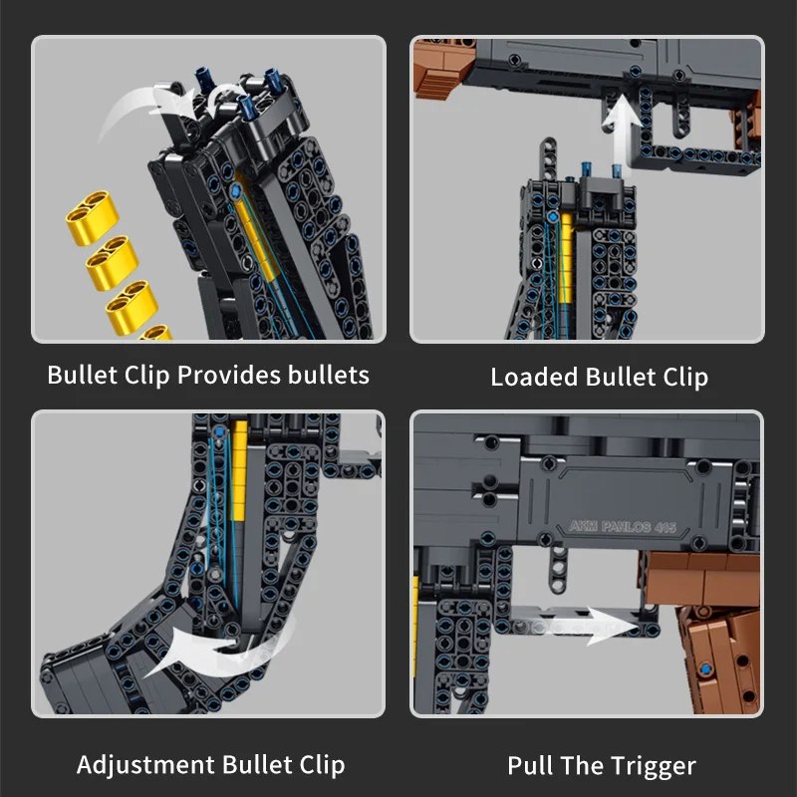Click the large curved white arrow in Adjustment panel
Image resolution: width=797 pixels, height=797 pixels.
point(214,653)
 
